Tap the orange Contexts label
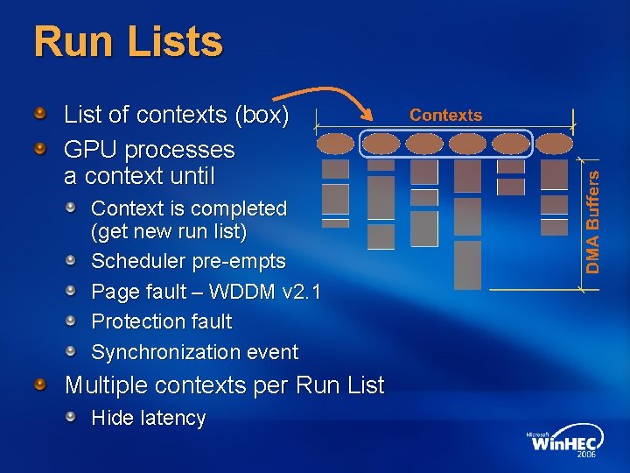coord(445,115)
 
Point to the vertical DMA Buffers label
coord(593,220)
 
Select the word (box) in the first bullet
coord(261,115)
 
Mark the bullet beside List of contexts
coord(41,113)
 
